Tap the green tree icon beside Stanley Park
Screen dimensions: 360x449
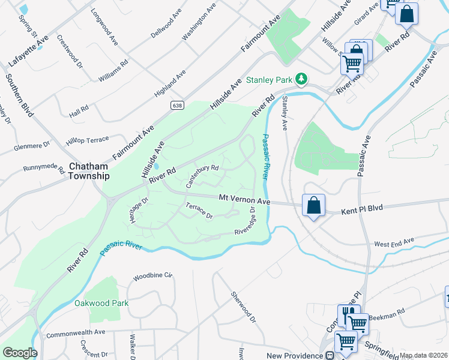302,79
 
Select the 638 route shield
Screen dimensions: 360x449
173,105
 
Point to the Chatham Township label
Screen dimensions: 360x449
89,171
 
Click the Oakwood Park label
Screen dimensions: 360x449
101,303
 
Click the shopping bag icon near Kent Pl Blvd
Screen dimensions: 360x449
313,206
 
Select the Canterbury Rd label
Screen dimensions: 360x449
202,176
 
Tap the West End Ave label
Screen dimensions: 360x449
394,242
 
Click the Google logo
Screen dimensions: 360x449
19,353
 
